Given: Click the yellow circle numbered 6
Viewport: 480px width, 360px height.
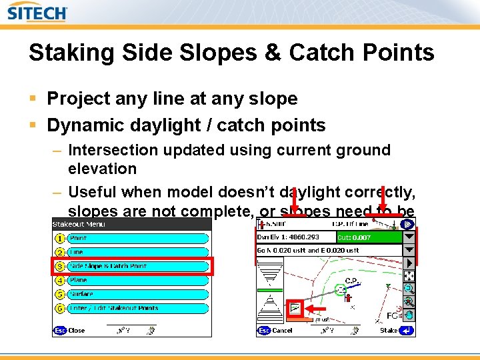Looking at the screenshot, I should [x=59, y=308].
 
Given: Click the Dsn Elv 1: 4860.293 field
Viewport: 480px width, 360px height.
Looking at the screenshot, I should [x=295, y=237].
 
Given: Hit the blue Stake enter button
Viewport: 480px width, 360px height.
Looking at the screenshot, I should [x=407, y=330].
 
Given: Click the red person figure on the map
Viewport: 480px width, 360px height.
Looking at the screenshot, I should [x=347, y=297].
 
